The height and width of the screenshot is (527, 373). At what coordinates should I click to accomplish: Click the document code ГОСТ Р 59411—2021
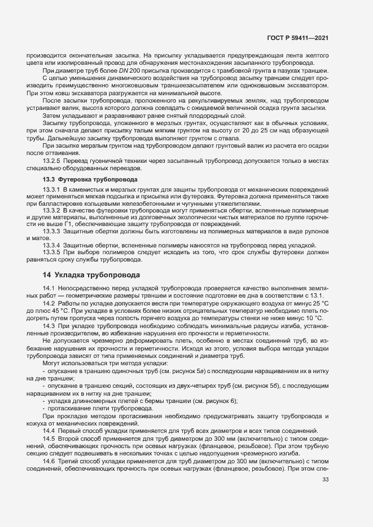(x=298, y=38)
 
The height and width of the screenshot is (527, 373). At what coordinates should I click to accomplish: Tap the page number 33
(x=325, y=480)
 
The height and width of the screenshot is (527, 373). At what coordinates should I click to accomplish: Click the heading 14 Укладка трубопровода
(x=91, y=275)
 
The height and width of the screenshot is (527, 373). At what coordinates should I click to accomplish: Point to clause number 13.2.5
(x=52, y=160)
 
